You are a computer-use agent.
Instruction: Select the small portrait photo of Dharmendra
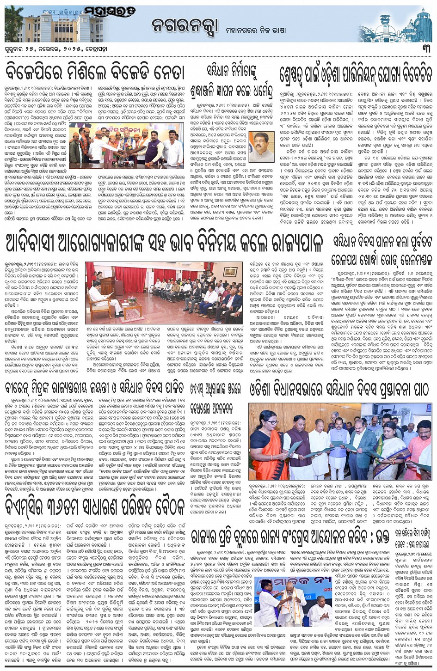coord(261,146)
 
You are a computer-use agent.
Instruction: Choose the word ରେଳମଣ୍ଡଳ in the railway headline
coord(411,259)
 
